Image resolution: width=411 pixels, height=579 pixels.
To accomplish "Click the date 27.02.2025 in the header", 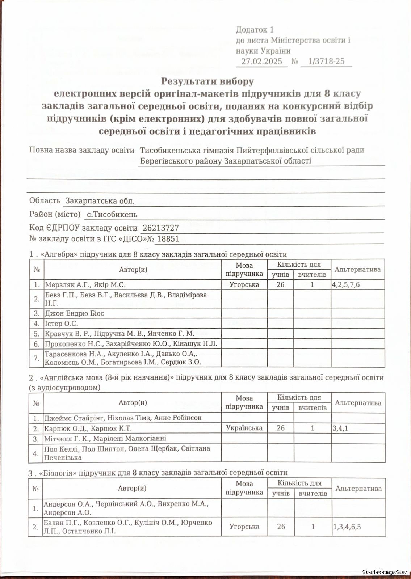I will (x=261, y=61).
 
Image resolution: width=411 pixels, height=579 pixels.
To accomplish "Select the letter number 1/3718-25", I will (x=326, y=61).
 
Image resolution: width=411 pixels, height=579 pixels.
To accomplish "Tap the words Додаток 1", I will (x=255, y=30).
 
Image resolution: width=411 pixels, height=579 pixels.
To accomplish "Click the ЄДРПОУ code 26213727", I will (x=161, y=228).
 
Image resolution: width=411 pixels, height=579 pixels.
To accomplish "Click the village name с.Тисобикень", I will (x=112, y=215).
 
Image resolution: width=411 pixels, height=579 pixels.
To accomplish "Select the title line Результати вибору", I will (x=207, y=81).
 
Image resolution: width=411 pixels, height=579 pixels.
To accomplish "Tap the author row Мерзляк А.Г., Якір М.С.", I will (x=85, y=285).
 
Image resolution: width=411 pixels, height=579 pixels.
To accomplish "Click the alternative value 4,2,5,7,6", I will (x=346, y=285).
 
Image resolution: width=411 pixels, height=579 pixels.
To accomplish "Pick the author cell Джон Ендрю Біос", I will (x=74, y=313).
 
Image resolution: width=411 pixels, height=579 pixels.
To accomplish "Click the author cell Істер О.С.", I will (x=61, y=324).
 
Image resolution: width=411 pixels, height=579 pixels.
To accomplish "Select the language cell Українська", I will (x=244, y=428).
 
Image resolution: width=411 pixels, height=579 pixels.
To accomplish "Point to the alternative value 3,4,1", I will (x=340, y=428).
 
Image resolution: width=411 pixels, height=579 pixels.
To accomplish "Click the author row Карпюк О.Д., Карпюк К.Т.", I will (x=88, y=428).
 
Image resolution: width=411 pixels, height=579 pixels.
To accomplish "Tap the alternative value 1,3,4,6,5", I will (x=347, y=527).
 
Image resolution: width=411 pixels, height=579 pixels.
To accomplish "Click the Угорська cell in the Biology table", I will (x=244, y=527).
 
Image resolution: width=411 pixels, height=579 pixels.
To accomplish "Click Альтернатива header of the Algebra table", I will (x=357, y=270).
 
